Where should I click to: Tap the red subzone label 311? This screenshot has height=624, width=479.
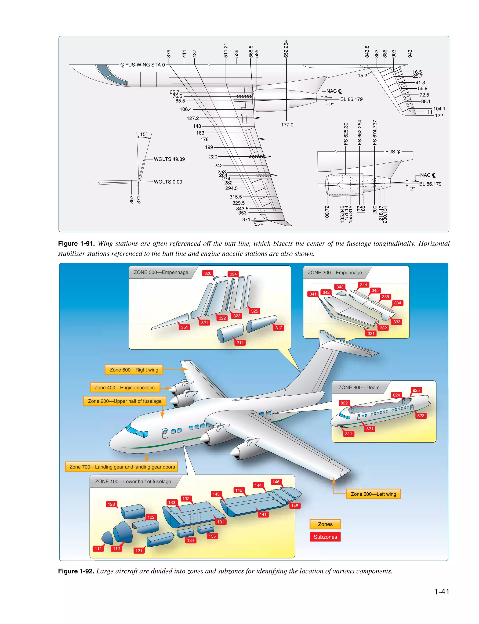(240, 343)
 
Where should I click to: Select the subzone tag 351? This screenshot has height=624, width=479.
(185, 327)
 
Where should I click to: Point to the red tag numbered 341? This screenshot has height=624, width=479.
(313, 294)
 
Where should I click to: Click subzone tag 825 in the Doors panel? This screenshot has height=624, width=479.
(416, 390)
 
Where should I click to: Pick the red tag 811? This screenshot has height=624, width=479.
(348, 434)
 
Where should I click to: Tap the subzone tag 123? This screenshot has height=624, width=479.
(111, 504)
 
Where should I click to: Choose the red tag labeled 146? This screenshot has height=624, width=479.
(276, 482)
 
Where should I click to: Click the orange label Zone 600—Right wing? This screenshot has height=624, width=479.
(134, 370)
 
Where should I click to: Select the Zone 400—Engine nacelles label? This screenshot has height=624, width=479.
(125, 387)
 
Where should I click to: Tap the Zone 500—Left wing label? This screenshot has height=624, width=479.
(373, 494)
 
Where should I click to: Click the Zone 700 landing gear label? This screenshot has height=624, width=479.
(122, 467)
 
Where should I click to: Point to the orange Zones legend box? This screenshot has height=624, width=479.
(325, 524)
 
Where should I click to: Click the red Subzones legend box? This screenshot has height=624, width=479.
(325, 537)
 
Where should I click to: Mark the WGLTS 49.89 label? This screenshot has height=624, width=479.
(169, 159)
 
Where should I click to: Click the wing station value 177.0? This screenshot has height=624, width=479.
(287, 125)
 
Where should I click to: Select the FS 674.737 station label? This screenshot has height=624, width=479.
(375, 133)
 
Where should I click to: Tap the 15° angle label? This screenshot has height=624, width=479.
(144, 134)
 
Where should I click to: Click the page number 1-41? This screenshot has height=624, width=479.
(441, 592)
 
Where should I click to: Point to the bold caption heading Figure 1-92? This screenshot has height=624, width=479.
(76, 571)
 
